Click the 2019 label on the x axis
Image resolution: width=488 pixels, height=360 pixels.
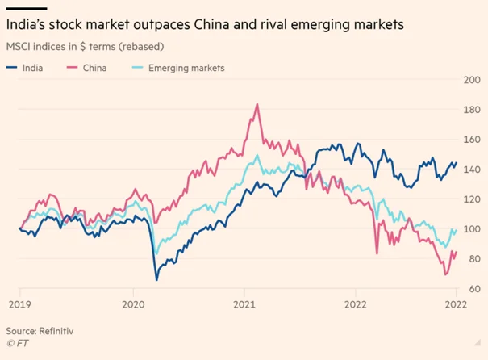(x=19, y=305)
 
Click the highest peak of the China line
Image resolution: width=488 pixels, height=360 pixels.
(x=257, y=104)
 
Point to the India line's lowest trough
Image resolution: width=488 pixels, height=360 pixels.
(x=156, y=280)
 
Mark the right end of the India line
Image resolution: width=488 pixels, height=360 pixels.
(x=456, y=163)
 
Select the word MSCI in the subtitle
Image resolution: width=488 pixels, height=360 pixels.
(x=20, y=47)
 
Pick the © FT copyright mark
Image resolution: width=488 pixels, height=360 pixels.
(x=16, y=344)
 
